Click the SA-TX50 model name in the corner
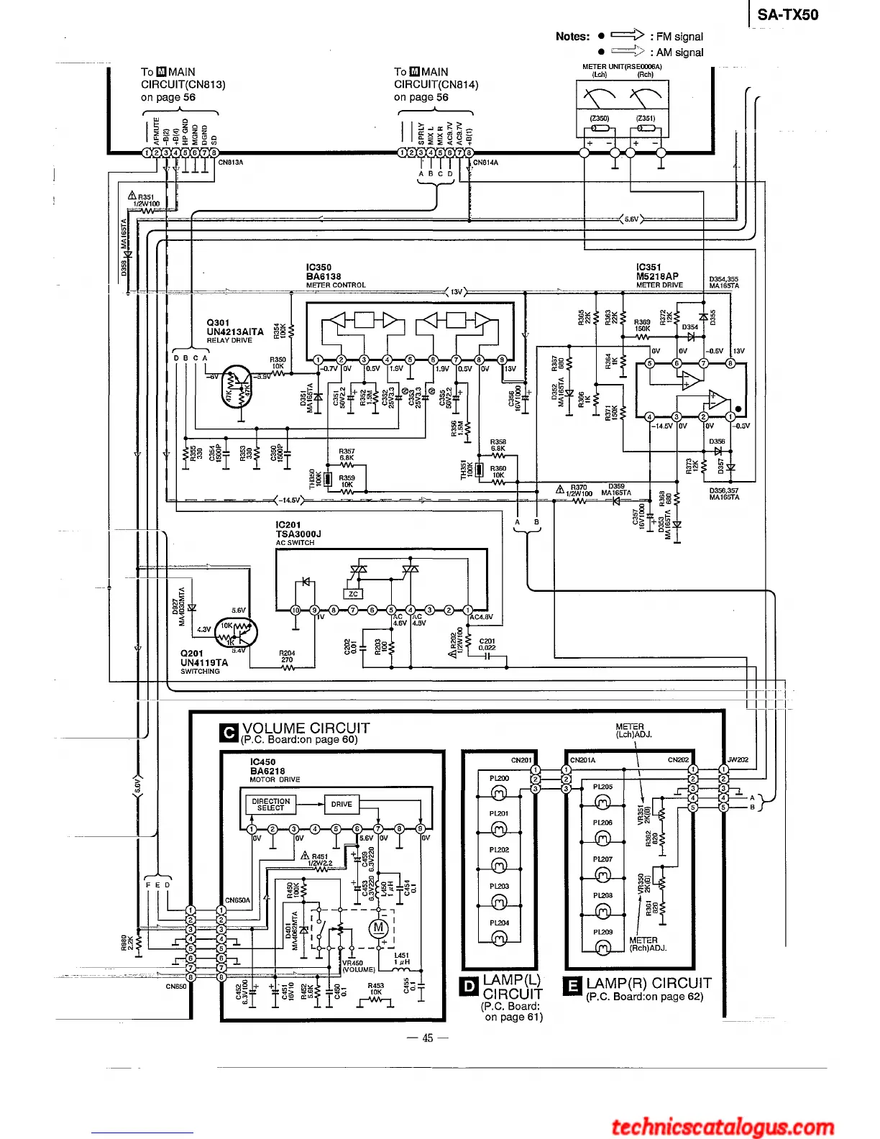pos(787,15)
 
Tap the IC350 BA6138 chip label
pos(324,272)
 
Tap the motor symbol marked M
pos(378,928)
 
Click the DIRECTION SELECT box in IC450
pos(271,805)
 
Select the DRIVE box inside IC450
pos(342,805)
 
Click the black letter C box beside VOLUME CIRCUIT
pos(229,733)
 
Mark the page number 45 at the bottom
pos(428,1038)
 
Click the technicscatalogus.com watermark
pos(723,1127)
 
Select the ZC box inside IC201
pos(353,594)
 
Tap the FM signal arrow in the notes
pos(627,35)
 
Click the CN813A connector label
pos(231,163)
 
